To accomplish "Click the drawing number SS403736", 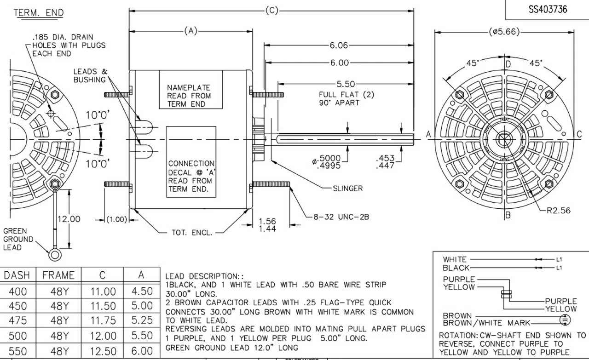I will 548,9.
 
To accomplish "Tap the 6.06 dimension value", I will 339,46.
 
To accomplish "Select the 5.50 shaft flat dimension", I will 346,84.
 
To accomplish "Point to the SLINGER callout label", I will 347,188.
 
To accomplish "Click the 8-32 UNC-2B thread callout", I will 341,217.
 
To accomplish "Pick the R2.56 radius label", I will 558,211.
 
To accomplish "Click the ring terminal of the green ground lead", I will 55,253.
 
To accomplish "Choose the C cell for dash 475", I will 103,320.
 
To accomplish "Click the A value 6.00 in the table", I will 142,351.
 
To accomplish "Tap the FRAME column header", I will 58,275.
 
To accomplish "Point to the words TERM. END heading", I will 39,13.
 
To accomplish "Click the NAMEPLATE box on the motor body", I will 189,90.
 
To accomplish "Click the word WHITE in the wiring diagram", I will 454,259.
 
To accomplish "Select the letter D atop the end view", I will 508,63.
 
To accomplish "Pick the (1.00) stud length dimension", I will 116,219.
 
